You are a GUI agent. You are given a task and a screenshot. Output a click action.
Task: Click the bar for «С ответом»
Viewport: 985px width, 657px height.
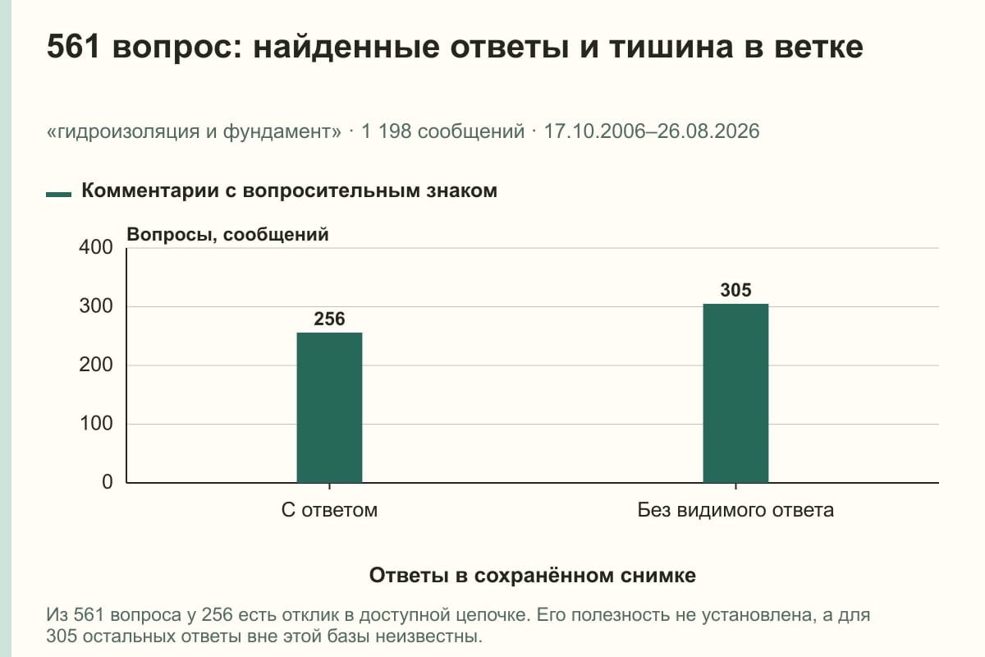(x=329, y=407)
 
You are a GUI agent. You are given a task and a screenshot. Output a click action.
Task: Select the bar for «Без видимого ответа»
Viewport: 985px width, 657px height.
(x=735, y=393)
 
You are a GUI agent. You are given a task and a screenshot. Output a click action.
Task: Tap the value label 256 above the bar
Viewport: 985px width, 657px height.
(x=329, y=319)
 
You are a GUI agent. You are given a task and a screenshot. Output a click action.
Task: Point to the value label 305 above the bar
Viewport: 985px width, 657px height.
(x=735, y=291)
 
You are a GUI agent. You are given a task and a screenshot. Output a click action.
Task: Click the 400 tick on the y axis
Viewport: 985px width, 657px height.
(x=96, y=247)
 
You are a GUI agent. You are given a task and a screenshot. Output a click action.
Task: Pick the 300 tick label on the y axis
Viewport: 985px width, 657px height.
(x=96, y=306)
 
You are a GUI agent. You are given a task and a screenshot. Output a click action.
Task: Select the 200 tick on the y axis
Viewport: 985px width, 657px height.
(x=96, y=365)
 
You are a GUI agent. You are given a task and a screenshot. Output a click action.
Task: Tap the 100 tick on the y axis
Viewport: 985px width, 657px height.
(x=96, y=424)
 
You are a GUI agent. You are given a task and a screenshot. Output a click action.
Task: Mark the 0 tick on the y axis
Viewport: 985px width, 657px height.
(x=108, y=482)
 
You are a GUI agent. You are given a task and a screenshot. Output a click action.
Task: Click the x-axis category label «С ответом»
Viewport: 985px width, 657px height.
(x=329, y=510)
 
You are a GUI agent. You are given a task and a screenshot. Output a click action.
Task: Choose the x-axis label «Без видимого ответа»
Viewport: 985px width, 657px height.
(x=735, y=510)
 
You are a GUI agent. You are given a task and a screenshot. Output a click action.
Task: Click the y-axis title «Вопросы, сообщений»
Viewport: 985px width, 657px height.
(x=228, y=235)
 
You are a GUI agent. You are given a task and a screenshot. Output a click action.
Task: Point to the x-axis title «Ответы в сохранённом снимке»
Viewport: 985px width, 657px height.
(x=533, y=576)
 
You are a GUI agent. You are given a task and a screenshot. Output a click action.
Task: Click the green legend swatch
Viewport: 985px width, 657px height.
(x=58, y=195)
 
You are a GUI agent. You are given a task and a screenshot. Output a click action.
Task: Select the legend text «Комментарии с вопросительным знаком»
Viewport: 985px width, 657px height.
(x=289, y=191)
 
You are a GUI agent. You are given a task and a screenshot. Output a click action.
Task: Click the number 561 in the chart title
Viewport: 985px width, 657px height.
(x=73, y=47)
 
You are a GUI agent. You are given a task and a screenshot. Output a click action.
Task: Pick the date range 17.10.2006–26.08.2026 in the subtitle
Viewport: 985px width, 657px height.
(x=652, y=131)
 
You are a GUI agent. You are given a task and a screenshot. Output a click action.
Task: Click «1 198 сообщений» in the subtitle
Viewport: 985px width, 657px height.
(x=442, y=131)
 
